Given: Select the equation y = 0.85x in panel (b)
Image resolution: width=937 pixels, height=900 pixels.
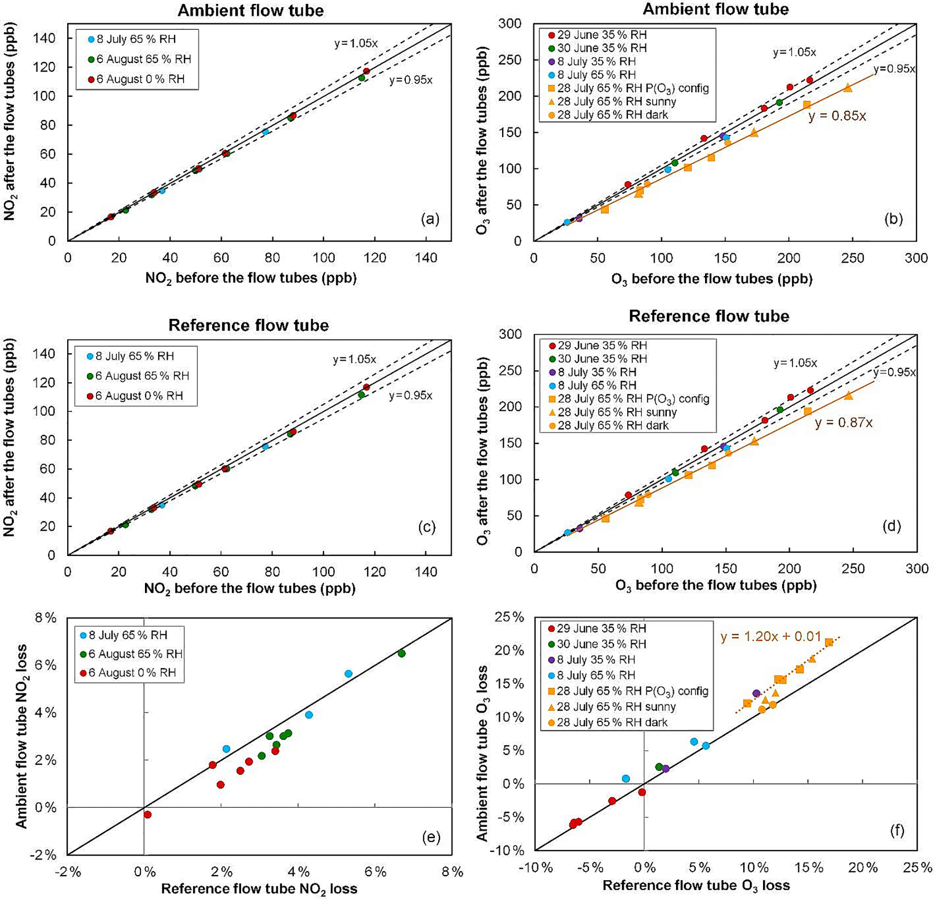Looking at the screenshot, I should (x=837, y=116).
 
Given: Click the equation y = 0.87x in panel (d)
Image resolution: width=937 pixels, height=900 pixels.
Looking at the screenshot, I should (x=843, y=422).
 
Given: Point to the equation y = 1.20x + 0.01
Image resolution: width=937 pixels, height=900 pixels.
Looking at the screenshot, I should (x=771, y=636).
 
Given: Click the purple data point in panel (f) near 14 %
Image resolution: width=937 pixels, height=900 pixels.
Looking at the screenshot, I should (x=756, y=693).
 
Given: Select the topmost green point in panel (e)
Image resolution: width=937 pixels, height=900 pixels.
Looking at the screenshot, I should (x=401, y=653).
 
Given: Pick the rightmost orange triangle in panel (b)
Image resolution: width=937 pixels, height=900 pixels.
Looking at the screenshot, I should (x=848, y=87).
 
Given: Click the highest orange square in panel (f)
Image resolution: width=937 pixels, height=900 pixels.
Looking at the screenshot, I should (x=829, y=642).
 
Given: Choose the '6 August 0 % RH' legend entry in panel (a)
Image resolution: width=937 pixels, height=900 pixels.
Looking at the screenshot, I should (x=137, y=79).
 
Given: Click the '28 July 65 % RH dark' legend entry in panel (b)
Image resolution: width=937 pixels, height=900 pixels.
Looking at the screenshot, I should (x=608, y=114).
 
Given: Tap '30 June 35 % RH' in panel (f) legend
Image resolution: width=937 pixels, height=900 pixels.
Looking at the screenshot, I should (x=597, y=643).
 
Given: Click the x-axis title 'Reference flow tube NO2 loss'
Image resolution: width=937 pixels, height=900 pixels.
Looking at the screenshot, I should (x=259, y=888).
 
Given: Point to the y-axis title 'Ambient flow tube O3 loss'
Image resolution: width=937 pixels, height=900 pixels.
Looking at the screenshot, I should (x=482, y=753).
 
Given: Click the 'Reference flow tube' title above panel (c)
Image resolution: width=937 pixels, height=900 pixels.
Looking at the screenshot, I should (x=248, y=325).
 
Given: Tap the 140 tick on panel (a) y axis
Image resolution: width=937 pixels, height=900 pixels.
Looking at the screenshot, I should (x=44, y=38).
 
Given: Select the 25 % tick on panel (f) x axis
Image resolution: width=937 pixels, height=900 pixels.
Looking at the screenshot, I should (x=917, y=867).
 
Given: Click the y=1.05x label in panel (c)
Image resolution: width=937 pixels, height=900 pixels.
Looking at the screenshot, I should (x=354, y=359).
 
